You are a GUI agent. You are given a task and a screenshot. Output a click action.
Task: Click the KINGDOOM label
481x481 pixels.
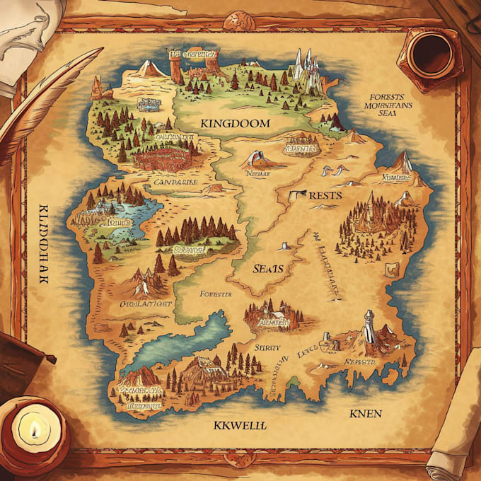click(236, 123)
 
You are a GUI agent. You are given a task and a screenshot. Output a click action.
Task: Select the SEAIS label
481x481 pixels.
click(268, 269)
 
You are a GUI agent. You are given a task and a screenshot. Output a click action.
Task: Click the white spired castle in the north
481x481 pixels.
click(306, 67)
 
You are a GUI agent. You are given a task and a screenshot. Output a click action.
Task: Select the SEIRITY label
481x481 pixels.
click(267, 347)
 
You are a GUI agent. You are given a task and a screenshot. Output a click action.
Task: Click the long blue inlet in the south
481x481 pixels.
click(187, 340)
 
